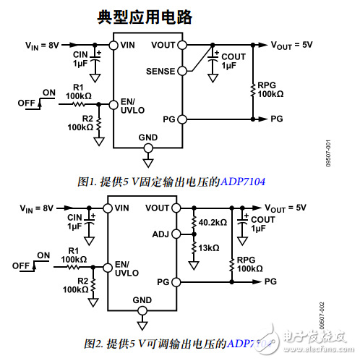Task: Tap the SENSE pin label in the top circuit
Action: point(160,72)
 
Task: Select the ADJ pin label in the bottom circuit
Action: point(160,234)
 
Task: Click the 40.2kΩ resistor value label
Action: point(213,221)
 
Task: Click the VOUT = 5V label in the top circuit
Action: point(291,45)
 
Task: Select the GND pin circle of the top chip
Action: point(148,148)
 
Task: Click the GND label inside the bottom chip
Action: point(142,300)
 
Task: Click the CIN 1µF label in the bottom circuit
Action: point(76,221)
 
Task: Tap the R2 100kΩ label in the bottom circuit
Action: point(75,285)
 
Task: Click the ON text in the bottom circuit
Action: point(43,255)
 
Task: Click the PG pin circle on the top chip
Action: point(180,119)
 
